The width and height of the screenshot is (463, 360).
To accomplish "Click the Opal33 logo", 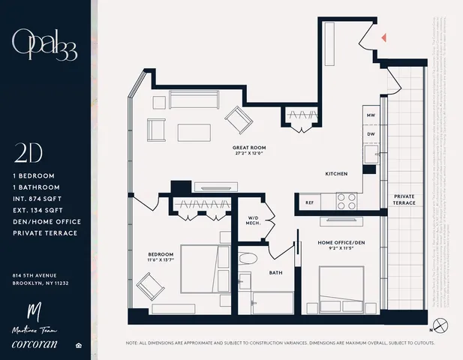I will [44, 45].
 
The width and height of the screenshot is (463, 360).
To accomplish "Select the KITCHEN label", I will [335, 173].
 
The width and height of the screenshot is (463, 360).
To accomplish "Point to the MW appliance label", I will [370, 116].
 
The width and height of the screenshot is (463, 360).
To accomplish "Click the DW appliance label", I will [370, 134].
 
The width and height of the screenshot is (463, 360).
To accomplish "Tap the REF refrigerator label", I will [309, 202].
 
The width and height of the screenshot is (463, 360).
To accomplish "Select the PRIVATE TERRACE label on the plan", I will [404, 199].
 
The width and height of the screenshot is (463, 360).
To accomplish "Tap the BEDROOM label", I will [161, 256].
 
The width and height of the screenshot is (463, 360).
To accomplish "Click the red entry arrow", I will [383, 37].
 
